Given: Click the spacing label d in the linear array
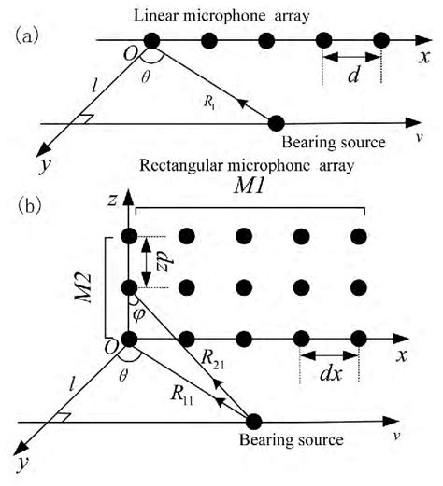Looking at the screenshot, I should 353,74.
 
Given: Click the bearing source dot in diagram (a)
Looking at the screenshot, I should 276,123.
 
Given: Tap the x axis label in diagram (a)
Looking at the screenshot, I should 424,57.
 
